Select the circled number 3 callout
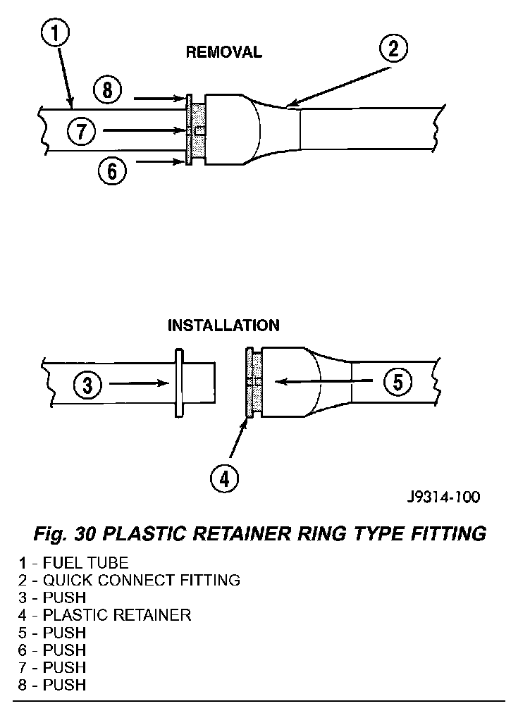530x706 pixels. coord(87,385)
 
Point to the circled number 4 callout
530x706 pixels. coord(224,478)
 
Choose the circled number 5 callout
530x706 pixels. coord(397,382)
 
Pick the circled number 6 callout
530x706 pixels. coord(111,170)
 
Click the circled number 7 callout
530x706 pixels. coord(82,130)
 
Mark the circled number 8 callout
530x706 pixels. coord(107,90)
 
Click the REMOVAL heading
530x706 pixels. coord(223,52)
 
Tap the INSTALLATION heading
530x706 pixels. coord(223,326)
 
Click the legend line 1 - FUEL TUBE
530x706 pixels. coord(74,563)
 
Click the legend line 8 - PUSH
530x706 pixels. coord(53,684)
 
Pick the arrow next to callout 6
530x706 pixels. coord(161,162)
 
